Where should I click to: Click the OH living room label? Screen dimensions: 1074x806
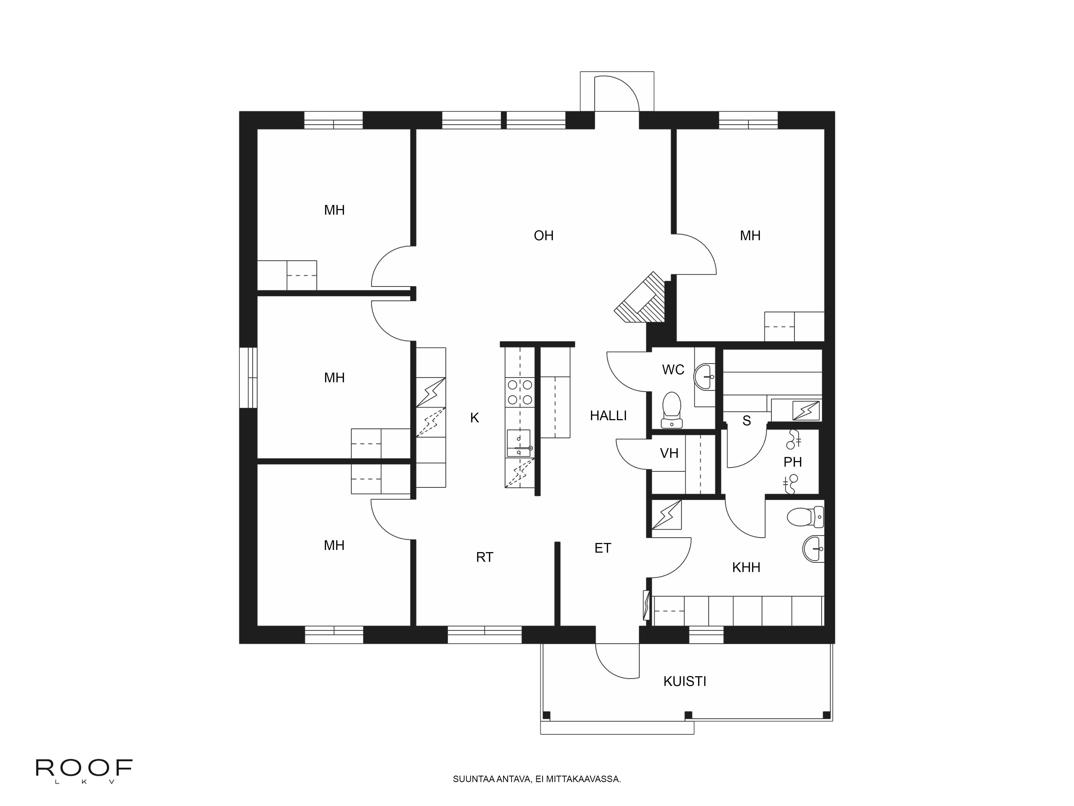click(x=543, y=236)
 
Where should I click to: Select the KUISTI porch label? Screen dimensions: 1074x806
click(x=685, y=682)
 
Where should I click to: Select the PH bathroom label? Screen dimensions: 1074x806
click(x=792, y=462)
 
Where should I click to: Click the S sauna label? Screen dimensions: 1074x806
click(x=747, y=421)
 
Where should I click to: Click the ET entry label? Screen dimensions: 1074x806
click(x=603, y=548)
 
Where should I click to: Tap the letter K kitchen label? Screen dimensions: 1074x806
click(x=474, y=418)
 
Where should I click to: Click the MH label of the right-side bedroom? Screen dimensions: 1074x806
click(x=750, y=236)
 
